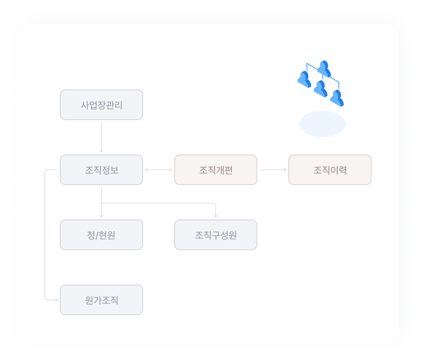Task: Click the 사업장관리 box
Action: click(101, 105)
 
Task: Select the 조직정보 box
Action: click(101, 170)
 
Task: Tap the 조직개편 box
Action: click(215, 170)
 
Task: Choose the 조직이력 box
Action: click(330, 170)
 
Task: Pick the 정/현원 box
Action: click(101, 235)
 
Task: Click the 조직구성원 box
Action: click(215, 235)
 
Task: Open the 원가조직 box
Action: click(101, 300)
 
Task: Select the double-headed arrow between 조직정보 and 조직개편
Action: click(159, 170)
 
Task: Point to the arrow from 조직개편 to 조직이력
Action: click(272, 170)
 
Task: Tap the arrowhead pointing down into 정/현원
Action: click(101, 215)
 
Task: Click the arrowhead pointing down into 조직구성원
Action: click(215, 215)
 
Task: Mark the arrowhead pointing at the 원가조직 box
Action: click(56, 300)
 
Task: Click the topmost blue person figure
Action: click(324, 69)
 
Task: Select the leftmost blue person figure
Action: click(304, 79)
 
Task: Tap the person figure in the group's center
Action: click(320, 88)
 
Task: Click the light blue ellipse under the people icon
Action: click(322, 124)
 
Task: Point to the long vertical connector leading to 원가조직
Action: click(45, 236)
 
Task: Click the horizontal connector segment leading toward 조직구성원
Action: click(159, 203)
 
